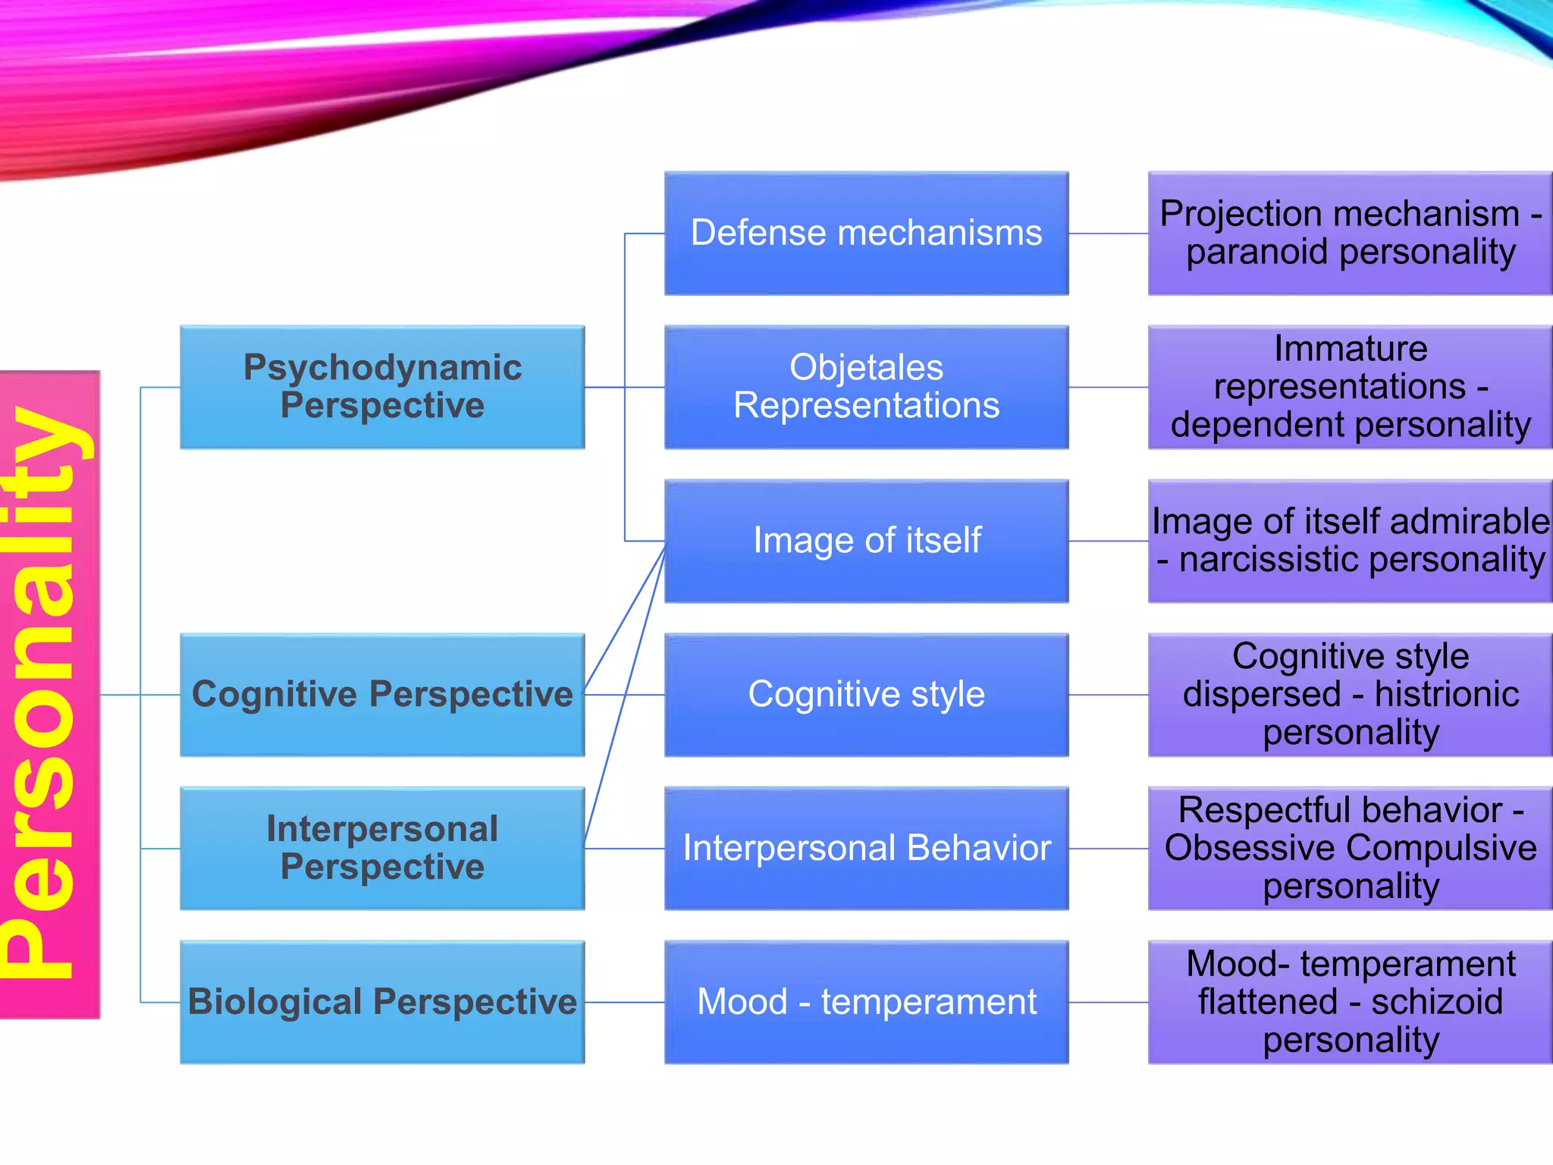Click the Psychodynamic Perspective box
pyautogui.click(x=382, y=387)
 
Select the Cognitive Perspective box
pyautogui.click(x=382, y=695)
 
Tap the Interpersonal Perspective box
pyautogui.click(x=382, y=848)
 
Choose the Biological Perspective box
pyautogui.click(x=382, y=1002)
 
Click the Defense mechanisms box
pyautogui.click(x=866, y=233)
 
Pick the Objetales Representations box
pyautogui.click(x=866, y=387)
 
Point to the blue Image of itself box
pyautogui.click(x=866, y=541)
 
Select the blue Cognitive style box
pyautogui.click(x=866, y=695)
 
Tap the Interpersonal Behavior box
pyautogui.click(x=866, y=848)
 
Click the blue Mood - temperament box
pyautogui.click(x=866, y=1002)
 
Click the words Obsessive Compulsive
pyautogui.click(x=1351, y=848)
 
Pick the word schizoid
pyautogui.click(x=1436, y=1002)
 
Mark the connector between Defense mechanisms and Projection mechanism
pyautogui.click(x=1109, y=234)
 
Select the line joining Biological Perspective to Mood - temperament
pyautogui.click(x=625, y=1002)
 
